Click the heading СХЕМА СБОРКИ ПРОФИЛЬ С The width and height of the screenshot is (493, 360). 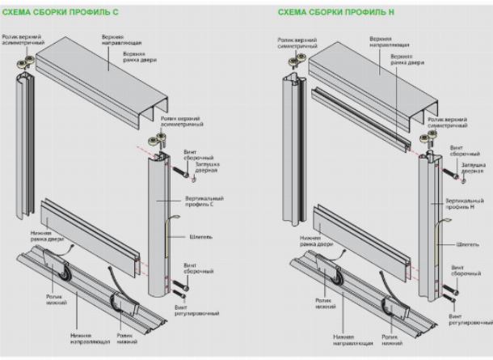click(57, 13)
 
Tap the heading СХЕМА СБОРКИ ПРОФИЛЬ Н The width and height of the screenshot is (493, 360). click(331, 13)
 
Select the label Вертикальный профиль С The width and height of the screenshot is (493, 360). click(205, 201)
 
